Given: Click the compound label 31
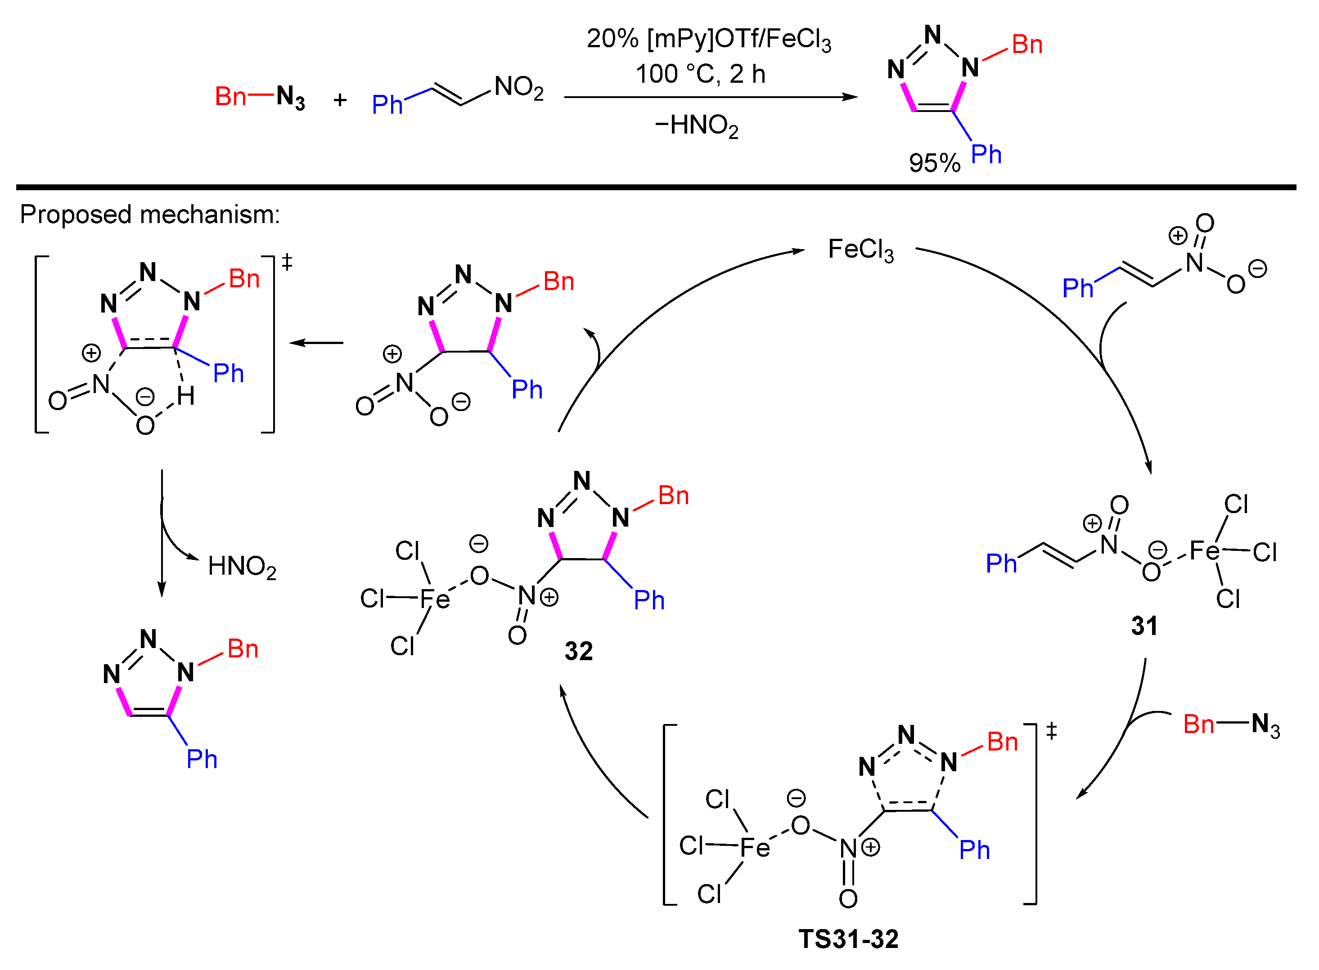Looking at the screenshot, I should [1144, 626].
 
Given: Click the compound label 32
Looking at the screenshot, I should [579, 652].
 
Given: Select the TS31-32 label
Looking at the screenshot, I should [848, 939].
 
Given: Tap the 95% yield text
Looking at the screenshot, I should [934, 163].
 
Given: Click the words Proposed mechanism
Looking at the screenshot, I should [150, 215].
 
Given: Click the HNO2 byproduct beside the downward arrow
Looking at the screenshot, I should [242, 567].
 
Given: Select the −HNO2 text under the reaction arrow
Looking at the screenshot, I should [696, 125].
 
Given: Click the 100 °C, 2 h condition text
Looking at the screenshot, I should [700, 75].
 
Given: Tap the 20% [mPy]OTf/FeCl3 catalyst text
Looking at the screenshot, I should [709, 39].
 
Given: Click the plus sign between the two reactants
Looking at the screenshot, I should [340, 100].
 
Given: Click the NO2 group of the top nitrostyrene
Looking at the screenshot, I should [519, 88].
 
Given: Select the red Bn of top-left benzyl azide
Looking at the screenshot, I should [230, 97].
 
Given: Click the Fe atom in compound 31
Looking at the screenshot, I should [1204, 551].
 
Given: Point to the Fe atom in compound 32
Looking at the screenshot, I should [435, 599].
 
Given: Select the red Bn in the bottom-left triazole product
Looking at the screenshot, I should [243, 649].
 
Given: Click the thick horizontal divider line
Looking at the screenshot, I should [656, 188].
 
